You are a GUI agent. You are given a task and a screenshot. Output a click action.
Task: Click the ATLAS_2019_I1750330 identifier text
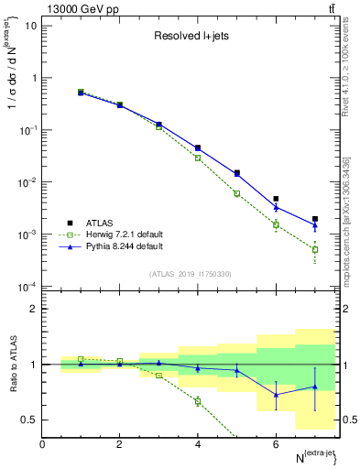point(191,274)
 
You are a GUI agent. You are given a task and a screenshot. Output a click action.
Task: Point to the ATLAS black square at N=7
point(315,219)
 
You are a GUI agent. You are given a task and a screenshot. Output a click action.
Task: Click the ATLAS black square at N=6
point(276,199)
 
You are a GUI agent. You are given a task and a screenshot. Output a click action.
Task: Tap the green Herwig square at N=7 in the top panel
point(315,249)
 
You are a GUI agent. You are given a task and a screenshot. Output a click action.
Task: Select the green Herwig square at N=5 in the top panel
point(237,193)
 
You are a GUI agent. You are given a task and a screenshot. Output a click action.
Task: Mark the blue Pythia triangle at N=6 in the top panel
point(276,206)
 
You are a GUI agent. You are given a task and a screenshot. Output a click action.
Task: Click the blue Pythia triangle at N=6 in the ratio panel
point(276,395)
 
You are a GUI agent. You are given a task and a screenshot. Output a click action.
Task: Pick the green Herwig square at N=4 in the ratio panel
point(198,401)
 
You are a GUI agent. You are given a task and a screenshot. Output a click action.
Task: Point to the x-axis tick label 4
point(198,444)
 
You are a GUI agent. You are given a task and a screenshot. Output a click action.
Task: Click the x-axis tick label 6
point(276,444)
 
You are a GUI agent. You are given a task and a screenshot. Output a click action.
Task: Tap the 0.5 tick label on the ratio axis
point(30,420)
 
